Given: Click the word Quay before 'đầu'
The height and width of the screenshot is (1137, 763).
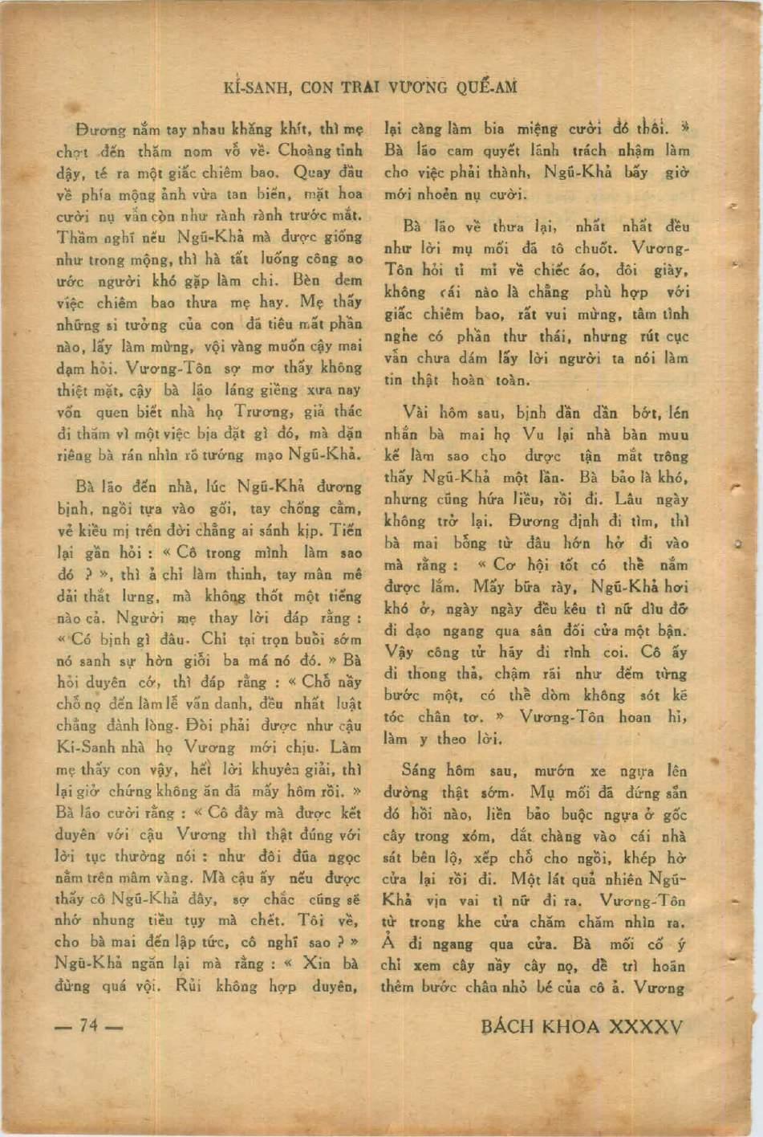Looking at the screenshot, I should tap(311, 172).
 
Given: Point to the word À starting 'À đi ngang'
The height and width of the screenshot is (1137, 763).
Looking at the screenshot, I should tap(390, 944).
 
